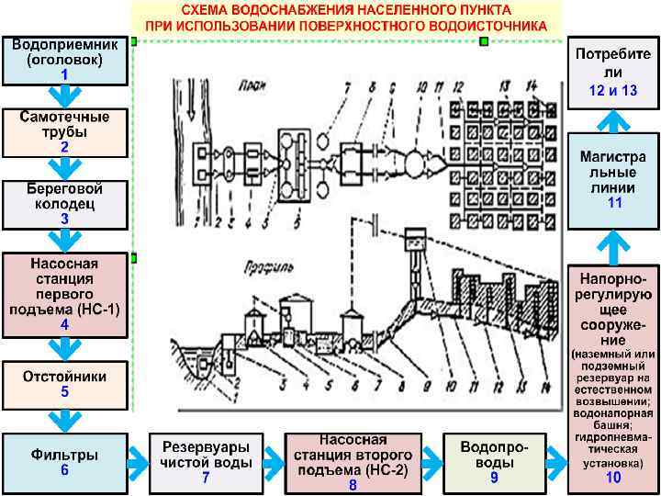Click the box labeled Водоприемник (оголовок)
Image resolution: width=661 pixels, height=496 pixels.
[64, 60]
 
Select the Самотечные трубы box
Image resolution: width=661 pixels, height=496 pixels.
[64, 131]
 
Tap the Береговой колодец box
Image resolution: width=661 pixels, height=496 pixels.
[64, 203]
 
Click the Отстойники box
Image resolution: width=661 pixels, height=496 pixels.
[64, 383]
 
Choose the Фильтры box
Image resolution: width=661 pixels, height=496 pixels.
[64, 461]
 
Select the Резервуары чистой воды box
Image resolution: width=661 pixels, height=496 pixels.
[206, 462]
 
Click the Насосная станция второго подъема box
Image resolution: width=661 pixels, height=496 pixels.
[352, 462]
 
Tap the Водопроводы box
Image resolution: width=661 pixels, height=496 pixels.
[494, 462]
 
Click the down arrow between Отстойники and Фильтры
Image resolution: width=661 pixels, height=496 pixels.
[64, 420]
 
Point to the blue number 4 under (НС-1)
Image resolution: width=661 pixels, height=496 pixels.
[64, 324]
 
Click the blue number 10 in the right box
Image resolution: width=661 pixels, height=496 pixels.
[614, 477]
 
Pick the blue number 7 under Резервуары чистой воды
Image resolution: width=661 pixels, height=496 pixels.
[206, 479]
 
